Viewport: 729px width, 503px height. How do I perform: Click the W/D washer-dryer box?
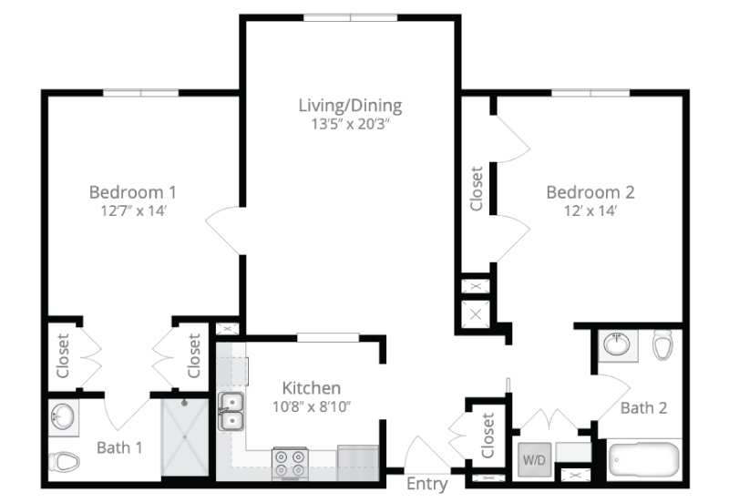point(534,459)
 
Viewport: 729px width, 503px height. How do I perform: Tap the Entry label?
point(426,484)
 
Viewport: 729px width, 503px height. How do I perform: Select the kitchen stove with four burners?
point(290,463)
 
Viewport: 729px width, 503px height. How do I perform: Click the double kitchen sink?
point(231,411)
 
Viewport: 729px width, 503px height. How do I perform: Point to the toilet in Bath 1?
point(64,462)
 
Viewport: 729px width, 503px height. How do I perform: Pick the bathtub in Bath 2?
point(644,459)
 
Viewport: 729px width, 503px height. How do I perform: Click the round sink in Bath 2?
point(617,345)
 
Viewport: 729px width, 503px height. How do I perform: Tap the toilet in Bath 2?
point(662,345)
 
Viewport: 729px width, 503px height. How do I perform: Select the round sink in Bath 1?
point(62,416)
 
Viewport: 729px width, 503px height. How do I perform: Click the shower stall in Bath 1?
point(185,437)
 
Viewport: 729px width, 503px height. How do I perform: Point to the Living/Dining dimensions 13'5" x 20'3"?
point(350,124)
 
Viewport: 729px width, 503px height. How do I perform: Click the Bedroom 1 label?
point(133,192)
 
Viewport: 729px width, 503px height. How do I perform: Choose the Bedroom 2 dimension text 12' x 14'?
point(590,211)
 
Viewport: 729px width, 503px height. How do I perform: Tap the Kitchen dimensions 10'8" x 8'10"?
point(312,406)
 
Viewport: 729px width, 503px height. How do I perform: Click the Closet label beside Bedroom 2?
point(477,189)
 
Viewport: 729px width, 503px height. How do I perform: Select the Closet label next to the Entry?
point(488,436)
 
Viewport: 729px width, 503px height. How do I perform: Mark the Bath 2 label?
point(644,407)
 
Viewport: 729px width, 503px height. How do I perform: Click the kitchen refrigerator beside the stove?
point(357,463)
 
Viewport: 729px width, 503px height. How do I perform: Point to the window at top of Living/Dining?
point(351,17)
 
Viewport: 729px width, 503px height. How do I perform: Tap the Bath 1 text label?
point(119,447)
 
